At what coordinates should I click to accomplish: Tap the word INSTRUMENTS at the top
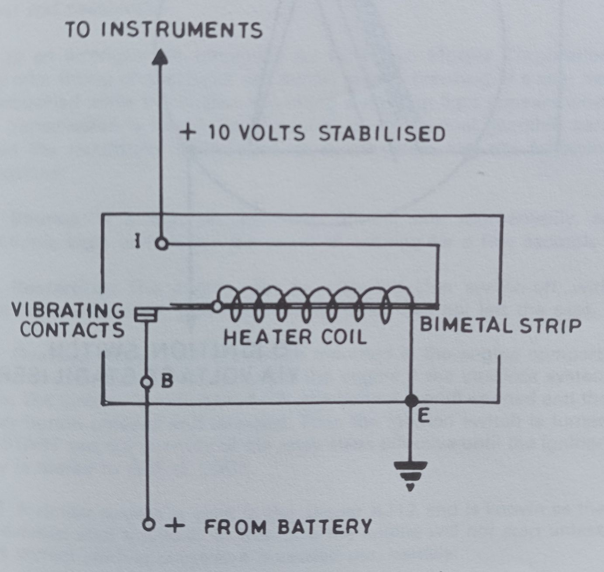pos(182,30)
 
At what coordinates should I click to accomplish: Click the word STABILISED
pos(382,134)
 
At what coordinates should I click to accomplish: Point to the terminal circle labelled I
pos(162,244)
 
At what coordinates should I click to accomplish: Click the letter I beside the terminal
pos(138,240)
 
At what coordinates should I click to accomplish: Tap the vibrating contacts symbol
pos(146,315)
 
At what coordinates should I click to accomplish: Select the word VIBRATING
pos(68,310)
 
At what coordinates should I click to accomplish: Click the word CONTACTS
pos(72,330)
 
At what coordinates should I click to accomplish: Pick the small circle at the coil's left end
pos(217,306)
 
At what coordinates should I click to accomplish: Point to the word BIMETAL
pos(466,325)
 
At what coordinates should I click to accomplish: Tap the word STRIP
pos(550,325)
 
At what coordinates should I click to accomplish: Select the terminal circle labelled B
pos(147,383)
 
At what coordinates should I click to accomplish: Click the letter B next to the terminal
pos(167,381)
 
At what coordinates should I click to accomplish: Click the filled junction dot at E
pos(411,401)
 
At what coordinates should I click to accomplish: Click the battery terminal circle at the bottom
pos(148,525)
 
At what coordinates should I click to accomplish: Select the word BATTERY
pos(325,527)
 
